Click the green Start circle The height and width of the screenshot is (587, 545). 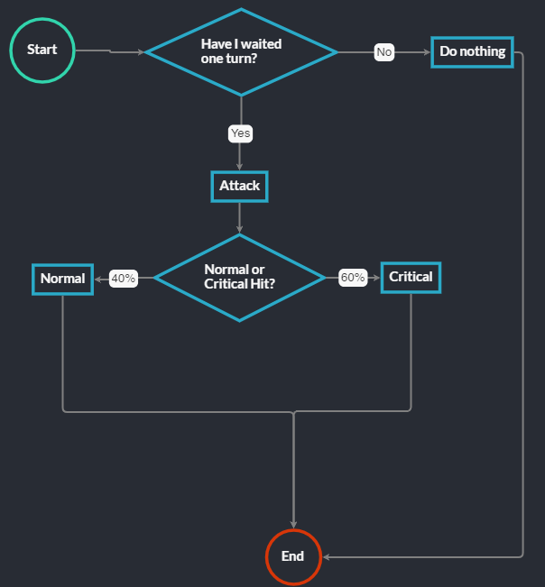click(42, 50)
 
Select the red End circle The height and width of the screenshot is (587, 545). click(293, 556)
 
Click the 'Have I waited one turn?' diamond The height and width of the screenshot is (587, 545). click(241, 51)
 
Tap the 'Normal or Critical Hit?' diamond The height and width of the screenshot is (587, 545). click(239, 277)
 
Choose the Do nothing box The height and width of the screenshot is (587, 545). click(472, 51)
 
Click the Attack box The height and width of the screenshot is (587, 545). click(239, 186)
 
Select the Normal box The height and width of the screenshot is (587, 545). click(62, 279)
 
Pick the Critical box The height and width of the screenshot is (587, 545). click(411, 277)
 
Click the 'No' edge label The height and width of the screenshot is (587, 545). click(384, 52)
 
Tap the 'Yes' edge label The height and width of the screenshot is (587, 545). click(240, 133)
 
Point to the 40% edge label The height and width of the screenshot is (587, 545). click(123, 279)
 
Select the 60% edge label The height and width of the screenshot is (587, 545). click(352, 278)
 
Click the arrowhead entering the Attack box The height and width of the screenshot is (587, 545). click(239, 167)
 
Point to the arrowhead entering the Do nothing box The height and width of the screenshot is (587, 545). click(427, 52)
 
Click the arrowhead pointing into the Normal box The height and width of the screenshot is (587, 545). click(97, 279)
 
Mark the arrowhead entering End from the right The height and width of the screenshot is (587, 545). click(327, 556)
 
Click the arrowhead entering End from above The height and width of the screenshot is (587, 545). click(293, 525)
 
